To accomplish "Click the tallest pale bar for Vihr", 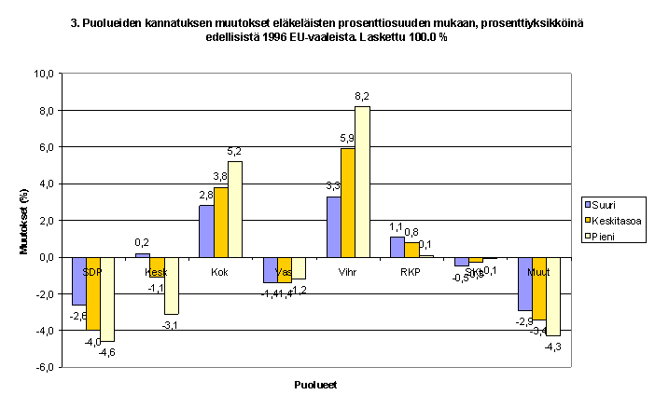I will (362, 182).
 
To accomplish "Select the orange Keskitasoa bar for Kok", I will (221, 222).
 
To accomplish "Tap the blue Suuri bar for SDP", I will (78, 280).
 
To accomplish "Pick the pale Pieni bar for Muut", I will (552, 295).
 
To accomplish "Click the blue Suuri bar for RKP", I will (397, 247).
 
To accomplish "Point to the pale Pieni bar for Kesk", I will (172, 285).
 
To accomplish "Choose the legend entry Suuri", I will (603, 204).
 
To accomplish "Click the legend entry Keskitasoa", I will (612, 220).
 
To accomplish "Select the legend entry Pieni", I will (603, 236).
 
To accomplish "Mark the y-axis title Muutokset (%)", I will (24, 220).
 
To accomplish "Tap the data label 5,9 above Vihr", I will (347, 139).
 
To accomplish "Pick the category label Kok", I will (221, 271).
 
